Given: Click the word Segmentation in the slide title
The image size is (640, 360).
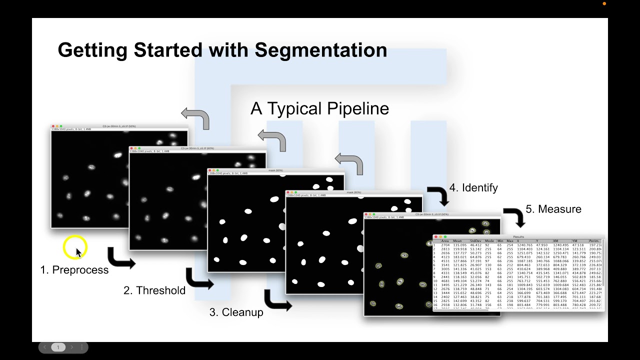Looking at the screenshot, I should pyautogui.click(x=320, y=50).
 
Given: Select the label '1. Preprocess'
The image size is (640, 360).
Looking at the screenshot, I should pyautogui.click(x=74, y=270).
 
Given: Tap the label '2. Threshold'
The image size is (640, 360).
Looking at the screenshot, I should pyautogui.click(x=154, y=290).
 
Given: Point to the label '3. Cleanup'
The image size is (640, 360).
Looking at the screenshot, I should pyautogui.click(x=236, y=312).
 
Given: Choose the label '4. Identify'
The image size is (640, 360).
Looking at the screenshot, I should pyautogui.click(x=473, y=188).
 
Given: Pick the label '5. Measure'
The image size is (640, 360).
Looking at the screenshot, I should pyautogui.click(x=553, y=209).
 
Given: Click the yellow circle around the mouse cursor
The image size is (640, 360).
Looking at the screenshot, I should pyautogui.click(x=75, y=247).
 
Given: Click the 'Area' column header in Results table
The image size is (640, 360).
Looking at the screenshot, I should pyautogui.click(x=445, y=241).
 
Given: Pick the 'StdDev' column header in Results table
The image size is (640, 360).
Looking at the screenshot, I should pyautogui.click(x=475, y=241).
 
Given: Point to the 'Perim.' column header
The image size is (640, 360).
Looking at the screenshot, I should pyautogui.click(x=594, y=241).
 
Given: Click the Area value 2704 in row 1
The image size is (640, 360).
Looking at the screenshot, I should pyautogui.click(x=444, y=245).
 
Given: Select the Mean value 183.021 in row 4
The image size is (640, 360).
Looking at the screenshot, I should pyautogui.click(x=459, y=257).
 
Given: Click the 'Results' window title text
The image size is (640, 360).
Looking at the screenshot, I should pyautogui.click(x=518, y=236).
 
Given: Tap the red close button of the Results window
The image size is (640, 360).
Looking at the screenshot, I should pyautogui.click(x=435, y=236).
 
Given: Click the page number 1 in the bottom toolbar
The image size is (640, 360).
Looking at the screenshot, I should pyautogui.click(x=58, y=347).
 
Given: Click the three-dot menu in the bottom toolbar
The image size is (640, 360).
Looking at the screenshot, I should pyautogui.click(x=82, y=347).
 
